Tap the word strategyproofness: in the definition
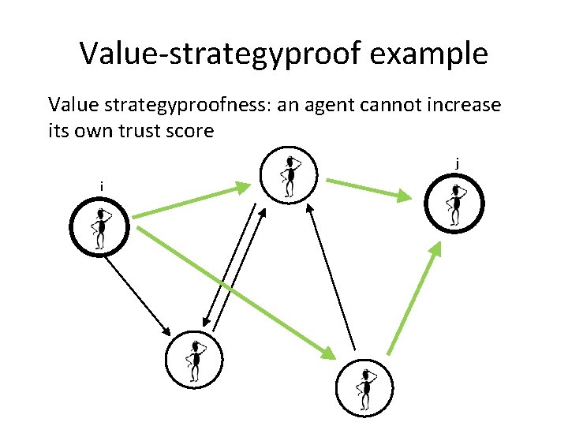[181, 105]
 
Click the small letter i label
[101, 186]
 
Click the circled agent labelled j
[454, 202]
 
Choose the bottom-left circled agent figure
[194, 361]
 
